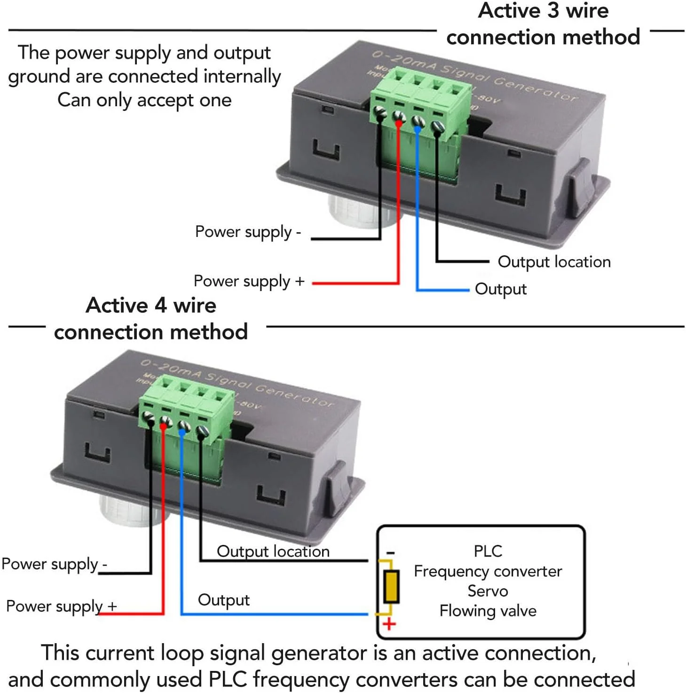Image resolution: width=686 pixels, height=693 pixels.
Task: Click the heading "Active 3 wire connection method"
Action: click(543, 24)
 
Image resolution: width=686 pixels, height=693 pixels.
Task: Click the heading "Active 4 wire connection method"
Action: click(151, 319)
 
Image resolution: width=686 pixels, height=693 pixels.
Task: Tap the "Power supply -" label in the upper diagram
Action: click(248, 232)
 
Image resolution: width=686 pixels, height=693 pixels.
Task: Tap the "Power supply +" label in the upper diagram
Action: click(249, 281)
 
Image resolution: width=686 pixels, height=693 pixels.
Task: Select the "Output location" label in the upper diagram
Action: click(554, 262)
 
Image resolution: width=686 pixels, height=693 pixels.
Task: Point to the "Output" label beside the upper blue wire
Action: click(500, 289)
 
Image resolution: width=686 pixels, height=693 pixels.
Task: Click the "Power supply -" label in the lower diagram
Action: click(54, 564)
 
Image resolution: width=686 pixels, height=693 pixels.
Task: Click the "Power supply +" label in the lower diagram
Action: click(61, 606)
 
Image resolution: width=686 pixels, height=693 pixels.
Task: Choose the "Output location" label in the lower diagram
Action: click(273, 551)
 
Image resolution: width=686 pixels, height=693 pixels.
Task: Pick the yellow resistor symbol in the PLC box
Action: click(391, 586)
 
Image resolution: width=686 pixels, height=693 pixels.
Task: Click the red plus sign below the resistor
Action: click(389, 625)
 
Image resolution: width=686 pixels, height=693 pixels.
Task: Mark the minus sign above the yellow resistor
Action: click(390, 553)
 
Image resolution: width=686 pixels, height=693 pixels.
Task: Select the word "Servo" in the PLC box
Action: click(488, 591)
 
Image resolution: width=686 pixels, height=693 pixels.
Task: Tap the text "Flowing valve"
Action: click(488, 611)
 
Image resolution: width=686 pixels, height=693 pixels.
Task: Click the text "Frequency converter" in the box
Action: click(488, 571)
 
